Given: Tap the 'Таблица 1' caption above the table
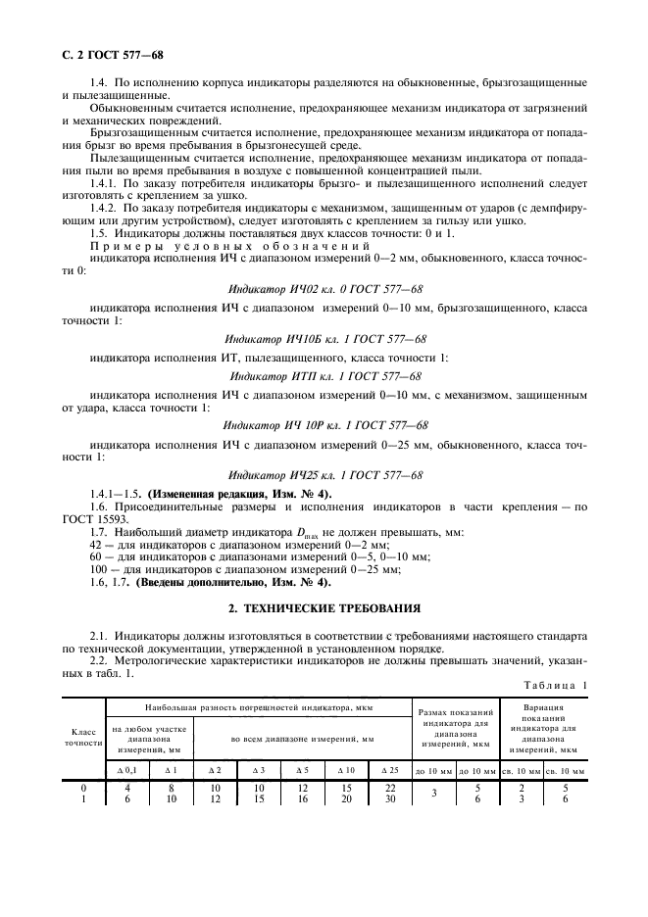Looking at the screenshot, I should click(x=554, y=686).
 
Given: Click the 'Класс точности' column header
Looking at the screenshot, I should click(x=83, y=736).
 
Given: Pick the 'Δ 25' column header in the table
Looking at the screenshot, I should click(x=388, y=769).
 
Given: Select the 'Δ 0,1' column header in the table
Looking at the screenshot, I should click(x=127, y=769).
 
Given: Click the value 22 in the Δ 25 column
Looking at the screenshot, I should click(x=388, y=788).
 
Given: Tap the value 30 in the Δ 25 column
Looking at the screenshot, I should click(x=388, y=799).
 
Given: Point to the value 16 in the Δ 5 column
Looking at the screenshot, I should click(x=302, y=799).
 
